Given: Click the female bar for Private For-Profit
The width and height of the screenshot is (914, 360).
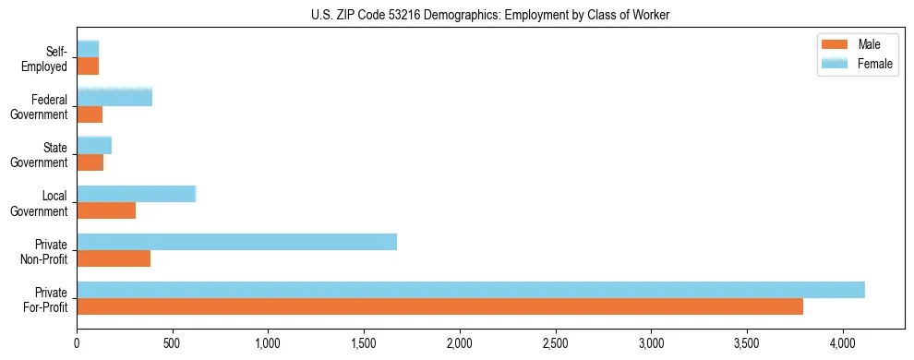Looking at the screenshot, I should [x=471, y=290].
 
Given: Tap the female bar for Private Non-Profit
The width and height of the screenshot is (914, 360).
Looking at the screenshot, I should [x=236, y=242].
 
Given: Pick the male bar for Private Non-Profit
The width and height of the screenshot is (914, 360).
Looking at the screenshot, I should [x=114, y=258].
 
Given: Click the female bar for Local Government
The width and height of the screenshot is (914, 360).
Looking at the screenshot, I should [x=136, y=194].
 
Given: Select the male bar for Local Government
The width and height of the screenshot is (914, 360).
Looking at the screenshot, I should [x=106, y=210].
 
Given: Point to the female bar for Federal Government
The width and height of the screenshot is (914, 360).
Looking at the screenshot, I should [x=114, y=98].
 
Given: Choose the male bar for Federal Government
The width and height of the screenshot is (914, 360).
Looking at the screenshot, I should [x=90, y=114].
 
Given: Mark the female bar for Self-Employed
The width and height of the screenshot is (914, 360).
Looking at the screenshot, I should [x=88, y=49].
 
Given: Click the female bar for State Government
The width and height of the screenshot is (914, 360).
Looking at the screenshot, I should [x=94, y=146].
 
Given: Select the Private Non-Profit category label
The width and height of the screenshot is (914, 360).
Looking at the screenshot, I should [x=47, y=250].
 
